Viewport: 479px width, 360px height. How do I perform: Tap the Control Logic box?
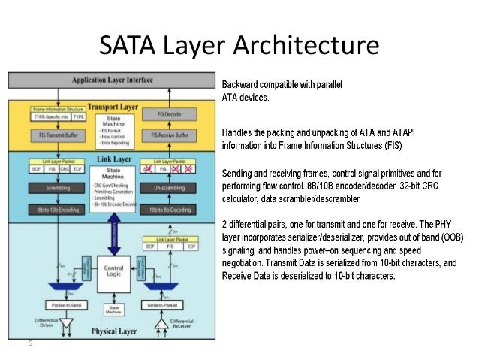pos(114,271)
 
